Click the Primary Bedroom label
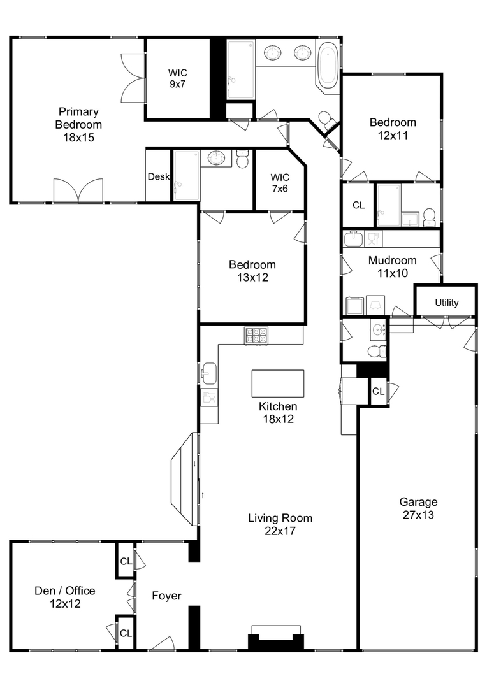[78, 125]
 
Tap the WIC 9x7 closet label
[177, 78]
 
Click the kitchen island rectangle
[277, 383]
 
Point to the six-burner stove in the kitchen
[256, 336]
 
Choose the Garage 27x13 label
[418, 508]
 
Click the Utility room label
[447, 303]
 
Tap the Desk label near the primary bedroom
[159, 176]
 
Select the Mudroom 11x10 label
[392, 266]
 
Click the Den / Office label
[65, 597]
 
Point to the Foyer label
[166, 596]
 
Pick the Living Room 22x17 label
[280, 524]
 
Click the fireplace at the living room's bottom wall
[276, 638]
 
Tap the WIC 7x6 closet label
[280, 183]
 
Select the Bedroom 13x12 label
[252, 271]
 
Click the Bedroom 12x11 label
[393, 129]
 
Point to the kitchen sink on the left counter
[209, 373]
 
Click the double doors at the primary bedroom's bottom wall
[78, 190]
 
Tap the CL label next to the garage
[378, 391]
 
